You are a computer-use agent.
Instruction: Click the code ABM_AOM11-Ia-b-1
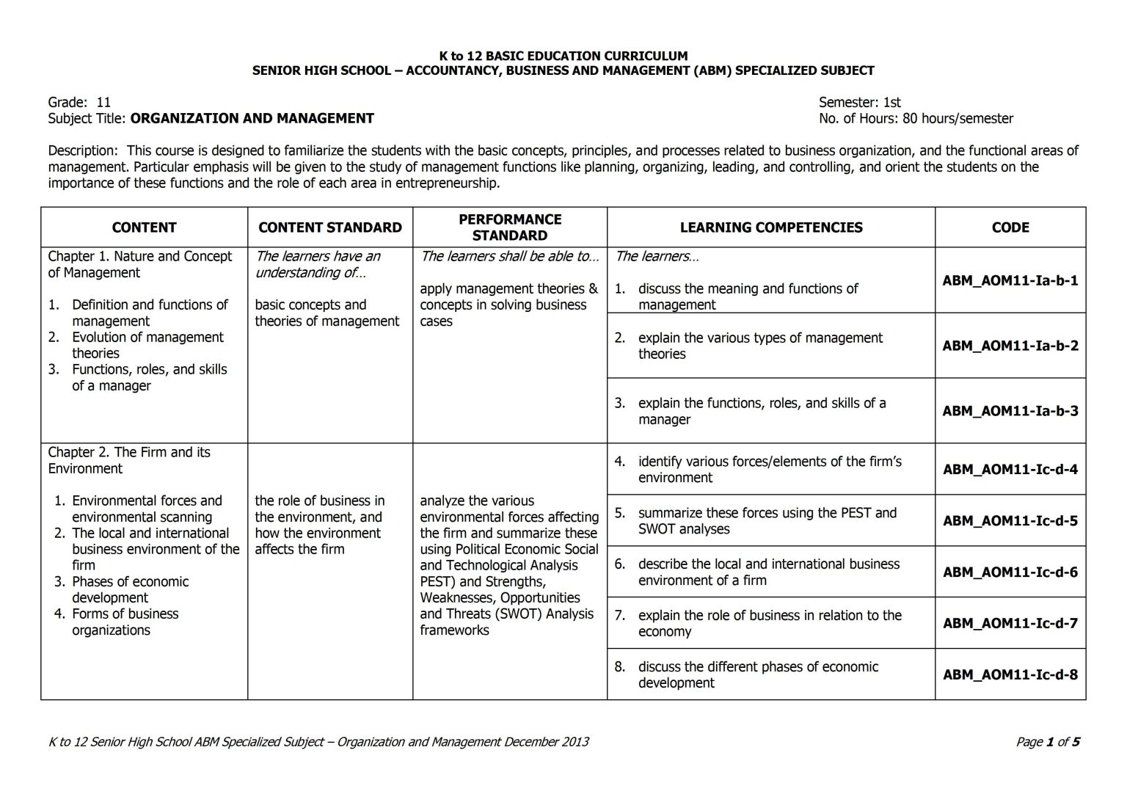point(1010,280)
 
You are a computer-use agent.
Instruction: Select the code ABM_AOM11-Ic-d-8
point(1010,674)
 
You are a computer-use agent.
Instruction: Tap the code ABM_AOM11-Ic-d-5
point(1010,521)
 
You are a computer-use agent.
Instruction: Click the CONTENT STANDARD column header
point(329,228)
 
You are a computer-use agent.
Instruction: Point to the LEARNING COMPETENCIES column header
point(770,228)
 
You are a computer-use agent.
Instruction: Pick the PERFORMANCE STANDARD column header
point(509,228)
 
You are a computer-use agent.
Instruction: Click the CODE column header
point(1010,228)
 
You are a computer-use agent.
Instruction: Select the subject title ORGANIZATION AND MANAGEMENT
point(252,118)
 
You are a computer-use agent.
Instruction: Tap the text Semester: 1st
point(859,102)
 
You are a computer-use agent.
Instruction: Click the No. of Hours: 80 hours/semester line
point(916,118)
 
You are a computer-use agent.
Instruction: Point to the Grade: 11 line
point(79,102)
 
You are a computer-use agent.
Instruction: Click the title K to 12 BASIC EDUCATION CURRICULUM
point(563,56)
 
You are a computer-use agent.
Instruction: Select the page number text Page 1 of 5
point(1047,742)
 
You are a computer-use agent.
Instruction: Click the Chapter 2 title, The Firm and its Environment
point(129,460)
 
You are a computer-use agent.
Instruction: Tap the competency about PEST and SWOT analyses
point(767,521)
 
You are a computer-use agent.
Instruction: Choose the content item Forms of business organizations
point(125,622)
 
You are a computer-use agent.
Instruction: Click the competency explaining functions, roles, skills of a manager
point(762,411)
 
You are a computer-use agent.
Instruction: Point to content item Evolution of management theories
point(147,345)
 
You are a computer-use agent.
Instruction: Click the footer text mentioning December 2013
point(318,742)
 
